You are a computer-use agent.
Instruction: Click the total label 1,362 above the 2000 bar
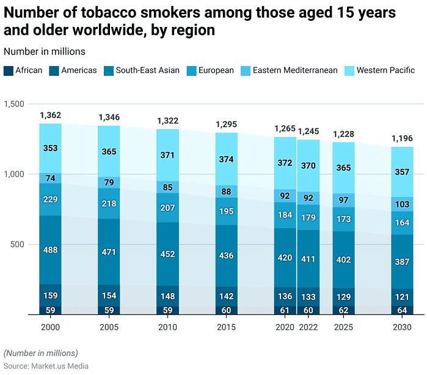coord(50,115)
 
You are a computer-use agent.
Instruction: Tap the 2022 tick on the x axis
coord(308,327)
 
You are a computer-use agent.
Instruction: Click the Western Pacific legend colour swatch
coord(351,70)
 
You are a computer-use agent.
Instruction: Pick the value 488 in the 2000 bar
coord(50,250)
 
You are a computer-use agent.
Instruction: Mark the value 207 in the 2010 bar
coord(167,208)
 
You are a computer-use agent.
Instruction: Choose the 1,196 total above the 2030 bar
coord(402,138)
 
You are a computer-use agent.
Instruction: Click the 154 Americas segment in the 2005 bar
coord(109,296)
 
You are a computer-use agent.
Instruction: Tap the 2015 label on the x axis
coord(226,327)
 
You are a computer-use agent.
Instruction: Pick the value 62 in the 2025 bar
coord(343,310)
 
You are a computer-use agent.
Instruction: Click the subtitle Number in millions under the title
coord(44,51)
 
